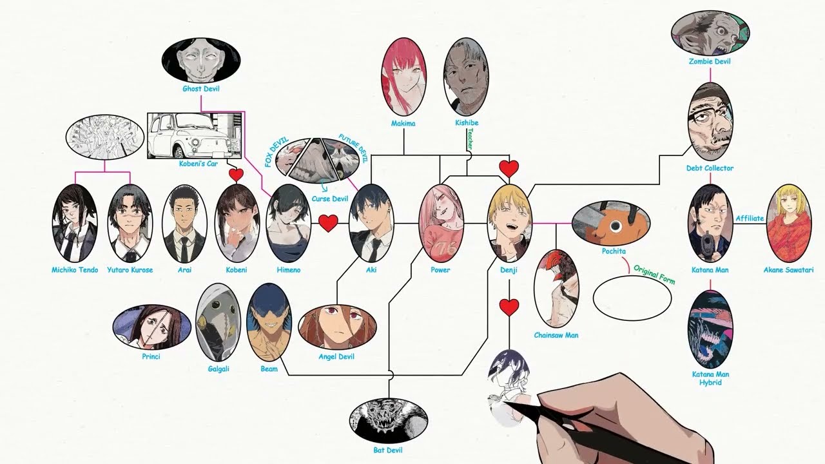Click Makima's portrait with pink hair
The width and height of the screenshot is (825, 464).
point(403,76)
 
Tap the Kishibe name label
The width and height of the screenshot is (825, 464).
point(466,123)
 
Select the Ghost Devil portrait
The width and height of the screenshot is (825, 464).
point(201,60)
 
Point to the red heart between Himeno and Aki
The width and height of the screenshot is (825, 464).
point(328,223)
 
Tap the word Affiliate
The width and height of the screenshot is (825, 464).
point(750,218)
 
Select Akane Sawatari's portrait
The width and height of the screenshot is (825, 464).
point(789,223)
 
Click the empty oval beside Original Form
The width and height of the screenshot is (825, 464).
point(632,297)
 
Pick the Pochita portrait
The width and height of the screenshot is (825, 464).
point(610,223)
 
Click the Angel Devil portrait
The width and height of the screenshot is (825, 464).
point(336,326)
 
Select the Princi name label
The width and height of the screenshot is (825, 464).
point(151,356)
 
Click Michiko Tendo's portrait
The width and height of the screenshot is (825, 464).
point(75,223)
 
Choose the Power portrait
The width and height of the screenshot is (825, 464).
point(441,223)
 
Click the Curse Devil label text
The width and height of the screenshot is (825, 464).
point(330,199)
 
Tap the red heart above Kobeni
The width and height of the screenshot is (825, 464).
point(236,174)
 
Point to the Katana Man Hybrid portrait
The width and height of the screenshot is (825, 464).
point(710,329)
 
